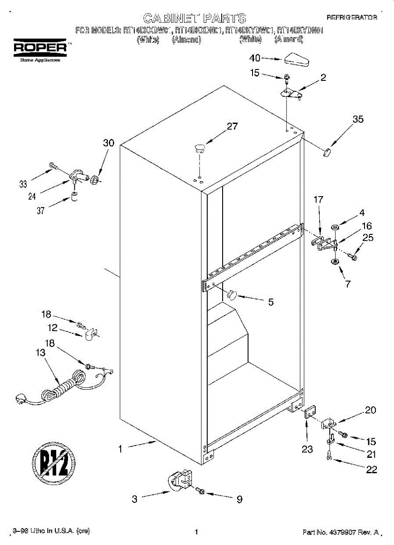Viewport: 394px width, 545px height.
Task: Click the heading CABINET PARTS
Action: (195, 18)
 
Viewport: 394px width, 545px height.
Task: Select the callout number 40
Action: (255, 58)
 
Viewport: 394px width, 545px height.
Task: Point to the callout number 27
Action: (232, 127)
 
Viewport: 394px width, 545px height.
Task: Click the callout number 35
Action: (358, 119)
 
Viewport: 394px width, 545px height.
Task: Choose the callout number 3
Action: (135, 499)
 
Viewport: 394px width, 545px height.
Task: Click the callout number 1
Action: (120, 449)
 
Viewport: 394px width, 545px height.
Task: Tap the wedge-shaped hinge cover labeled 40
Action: (297, 59)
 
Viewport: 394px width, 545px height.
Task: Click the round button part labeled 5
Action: (231, 295)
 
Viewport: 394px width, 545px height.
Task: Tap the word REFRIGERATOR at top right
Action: (352, 17)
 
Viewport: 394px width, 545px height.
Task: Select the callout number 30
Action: (108, 143)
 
